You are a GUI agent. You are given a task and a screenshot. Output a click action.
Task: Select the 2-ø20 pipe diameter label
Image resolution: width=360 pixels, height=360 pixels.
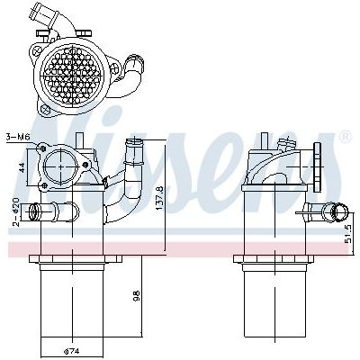15,210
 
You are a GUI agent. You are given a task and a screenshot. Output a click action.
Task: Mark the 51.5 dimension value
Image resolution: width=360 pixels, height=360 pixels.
348,235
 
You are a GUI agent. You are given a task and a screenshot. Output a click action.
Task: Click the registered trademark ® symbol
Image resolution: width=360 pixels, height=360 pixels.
345,137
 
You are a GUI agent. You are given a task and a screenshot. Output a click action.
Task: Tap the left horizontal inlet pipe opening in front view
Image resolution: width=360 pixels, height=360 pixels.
34,212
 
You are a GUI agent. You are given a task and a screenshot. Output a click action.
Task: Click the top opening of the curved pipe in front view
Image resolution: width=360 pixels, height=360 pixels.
137,141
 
